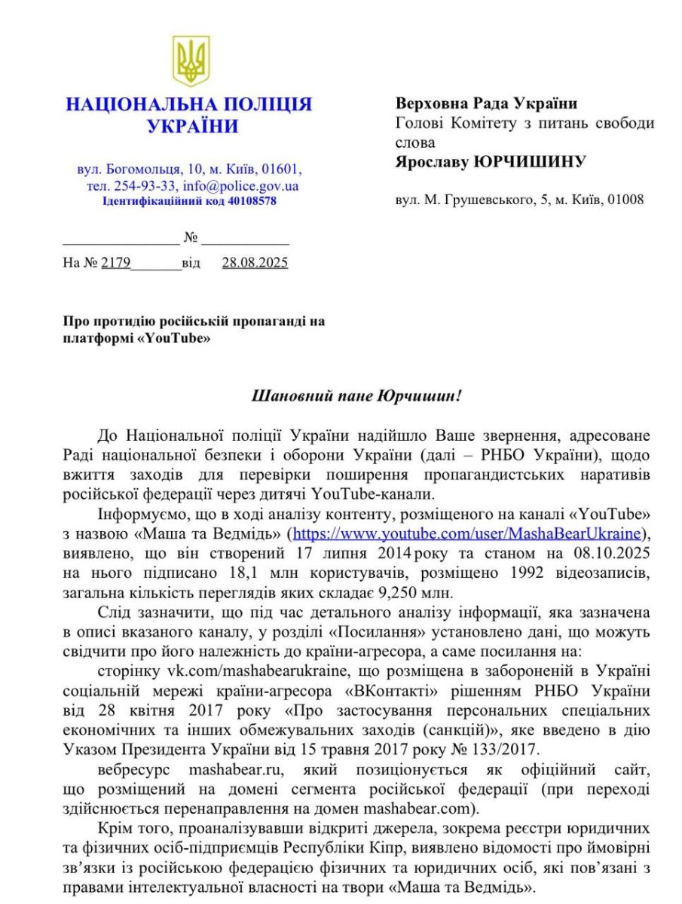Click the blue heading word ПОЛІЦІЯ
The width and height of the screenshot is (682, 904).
[x=255, y=105]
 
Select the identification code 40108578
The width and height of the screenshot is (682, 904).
[x=252, y=201]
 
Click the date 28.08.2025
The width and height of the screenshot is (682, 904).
[x=255, y=263]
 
